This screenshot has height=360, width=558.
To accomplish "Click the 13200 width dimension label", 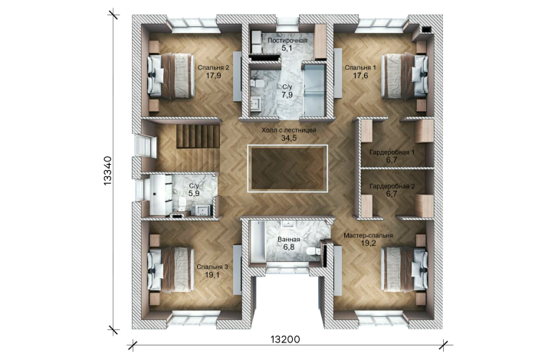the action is coord(285,340).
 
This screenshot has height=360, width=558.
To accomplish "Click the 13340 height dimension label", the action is coord(107,170).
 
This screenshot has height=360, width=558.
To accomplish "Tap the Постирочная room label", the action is coord(287,40).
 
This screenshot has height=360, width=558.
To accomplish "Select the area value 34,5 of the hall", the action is coord(289,138).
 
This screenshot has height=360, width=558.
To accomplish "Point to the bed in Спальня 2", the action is coord(171,75).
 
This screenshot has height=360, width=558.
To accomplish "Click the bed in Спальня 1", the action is coord(405,75).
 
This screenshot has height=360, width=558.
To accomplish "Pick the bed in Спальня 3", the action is coord(171,270).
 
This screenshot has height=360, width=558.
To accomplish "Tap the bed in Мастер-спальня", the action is coord(405,270).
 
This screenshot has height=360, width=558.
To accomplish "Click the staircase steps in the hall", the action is coord(198,136).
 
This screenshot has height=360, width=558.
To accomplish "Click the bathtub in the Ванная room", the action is coord(257,243).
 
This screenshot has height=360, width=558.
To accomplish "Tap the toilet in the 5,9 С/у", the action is coord(182,202).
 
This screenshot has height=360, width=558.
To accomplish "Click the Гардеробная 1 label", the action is coord(392,152).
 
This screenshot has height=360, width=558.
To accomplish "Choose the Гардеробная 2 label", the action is coord(392,186).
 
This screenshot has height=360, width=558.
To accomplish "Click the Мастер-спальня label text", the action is coord(369,235).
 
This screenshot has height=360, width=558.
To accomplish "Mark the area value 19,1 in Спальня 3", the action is coord(212,274).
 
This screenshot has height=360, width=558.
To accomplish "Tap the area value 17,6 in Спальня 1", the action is coord(360,75).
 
